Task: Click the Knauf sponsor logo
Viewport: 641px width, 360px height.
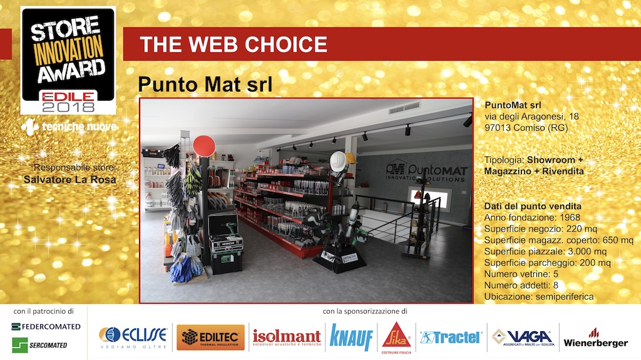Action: coord(351,337)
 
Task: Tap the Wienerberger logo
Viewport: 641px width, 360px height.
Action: coord(595,338)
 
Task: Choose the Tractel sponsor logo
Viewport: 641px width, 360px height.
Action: coord(450,337)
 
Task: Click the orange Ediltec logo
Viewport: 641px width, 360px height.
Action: coord(210,337)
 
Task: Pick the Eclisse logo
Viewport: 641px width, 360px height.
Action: coord(133,337)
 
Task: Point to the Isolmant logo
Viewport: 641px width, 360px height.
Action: coord(287,337)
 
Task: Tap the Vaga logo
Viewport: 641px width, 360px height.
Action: coord(523,338)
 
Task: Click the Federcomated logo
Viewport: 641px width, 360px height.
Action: coord(46,326)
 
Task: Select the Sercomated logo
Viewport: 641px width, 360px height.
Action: coord(39,345)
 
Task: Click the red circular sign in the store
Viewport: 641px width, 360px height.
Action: coord(204,146)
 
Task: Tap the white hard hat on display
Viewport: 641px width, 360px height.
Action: coord(338,161)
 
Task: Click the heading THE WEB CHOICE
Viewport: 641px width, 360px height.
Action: coord(233,44)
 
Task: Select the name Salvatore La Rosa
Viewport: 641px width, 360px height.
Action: coord(70,180)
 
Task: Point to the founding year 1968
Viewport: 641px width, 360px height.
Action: coord(570,217)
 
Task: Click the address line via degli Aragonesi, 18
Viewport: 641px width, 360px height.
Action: coord(532,116)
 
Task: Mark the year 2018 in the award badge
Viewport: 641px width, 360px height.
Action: coord(68,107)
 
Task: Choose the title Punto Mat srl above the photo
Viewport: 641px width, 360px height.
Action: coord(205,85)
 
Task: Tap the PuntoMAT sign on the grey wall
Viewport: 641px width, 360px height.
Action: coord(426,171)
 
